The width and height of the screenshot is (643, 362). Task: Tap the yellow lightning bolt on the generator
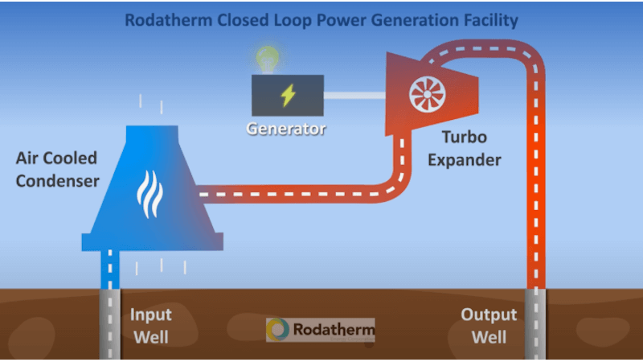pos(287,96)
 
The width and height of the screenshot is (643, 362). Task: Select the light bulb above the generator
pos(266,59)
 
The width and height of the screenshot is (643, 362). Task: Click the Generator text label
pos(287,129)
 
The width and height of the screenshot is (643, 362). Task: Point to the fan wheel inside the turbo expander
pos(427,96)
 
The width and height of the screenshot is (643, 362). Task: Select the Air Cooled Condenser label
pos(57,169)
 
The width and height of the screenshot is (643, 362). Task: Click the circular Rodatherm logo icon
pos(279,330)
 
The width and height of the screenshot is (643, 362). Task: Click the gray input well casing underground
pos(110,326)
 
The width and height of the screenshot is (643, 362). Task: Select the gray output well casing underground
pos(534,326)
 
